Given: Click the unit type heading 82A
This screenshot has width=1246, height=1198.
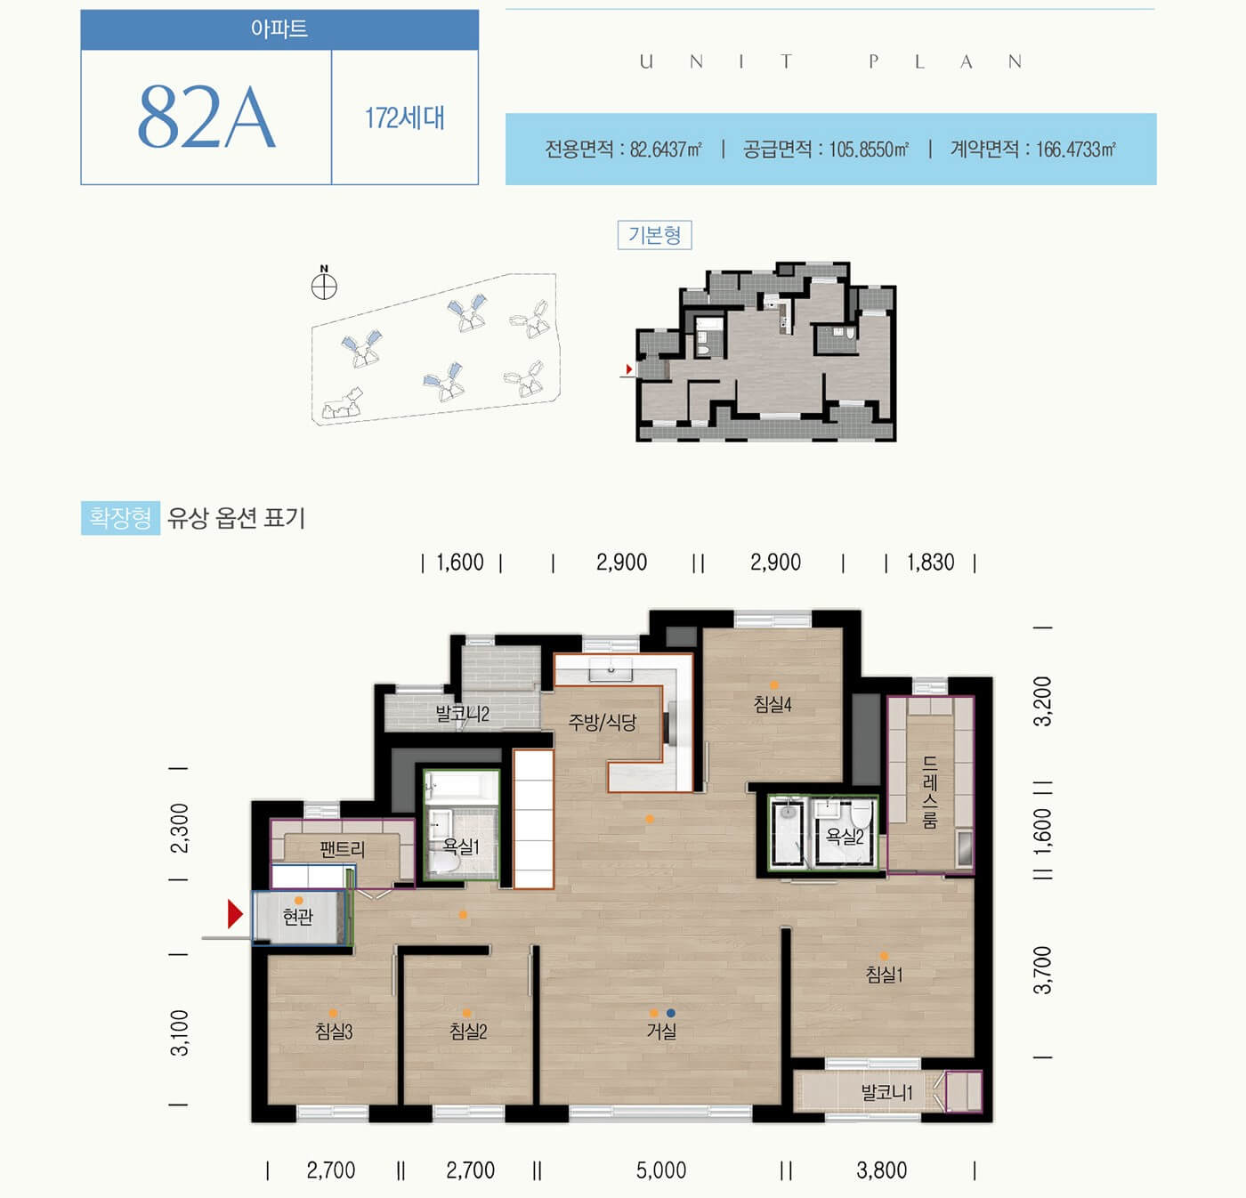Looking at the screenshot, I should (206, 117).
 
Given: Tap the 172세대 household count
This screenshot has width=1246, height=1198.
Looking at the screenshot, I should (404, 117).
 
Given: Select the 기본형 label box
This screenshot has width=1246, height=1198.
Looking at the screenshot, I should (654, 235).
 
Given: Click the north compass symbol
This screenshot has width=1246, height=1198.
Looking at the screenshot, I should (324, 286).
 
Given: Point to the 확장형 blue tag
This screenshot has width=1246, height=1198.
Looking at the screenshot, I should (120, 517).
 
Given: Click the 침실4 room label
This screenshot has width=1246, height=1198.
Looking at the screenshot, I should (773, 704).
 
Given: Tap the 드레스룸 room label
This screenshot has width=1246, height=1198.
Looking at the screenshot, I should (930, 792).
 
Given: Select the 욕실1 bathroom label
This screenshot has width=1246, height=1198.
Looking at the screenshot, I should (461, 846).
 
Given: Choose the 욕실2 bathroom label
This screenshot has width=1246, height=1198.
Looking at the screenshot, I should (845, 836).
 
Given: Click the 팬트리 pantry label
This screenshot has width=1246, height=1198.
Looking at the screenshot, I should (342, 849).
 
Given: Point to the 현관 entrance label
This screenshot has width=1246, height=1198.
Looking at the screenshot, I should (298, 916).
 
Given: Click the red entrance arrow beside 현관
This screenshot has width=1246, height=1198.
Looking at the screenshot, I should (235, 914).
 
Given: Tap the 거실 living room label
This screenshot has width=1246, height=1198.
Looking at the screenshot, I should (661, 1032).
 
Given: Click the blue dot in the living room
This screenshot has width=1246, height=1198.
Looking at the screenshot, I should (670, 1013).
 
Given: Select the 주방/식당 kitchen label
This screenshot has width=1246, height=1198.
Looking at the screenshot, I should (603, 722).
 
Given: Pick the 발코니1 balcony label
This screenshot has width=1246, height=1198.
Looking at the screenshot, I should (886, 1092).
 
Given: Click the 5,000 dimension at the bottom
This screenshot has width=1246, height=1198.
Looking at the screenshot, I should (660, 1170).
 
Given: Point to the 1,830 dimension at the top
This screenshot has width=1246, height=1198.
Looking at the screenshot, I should (930, 563).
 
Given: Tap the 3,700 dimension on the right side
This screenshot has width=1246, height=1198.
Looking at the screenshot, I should (1042, 970).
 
